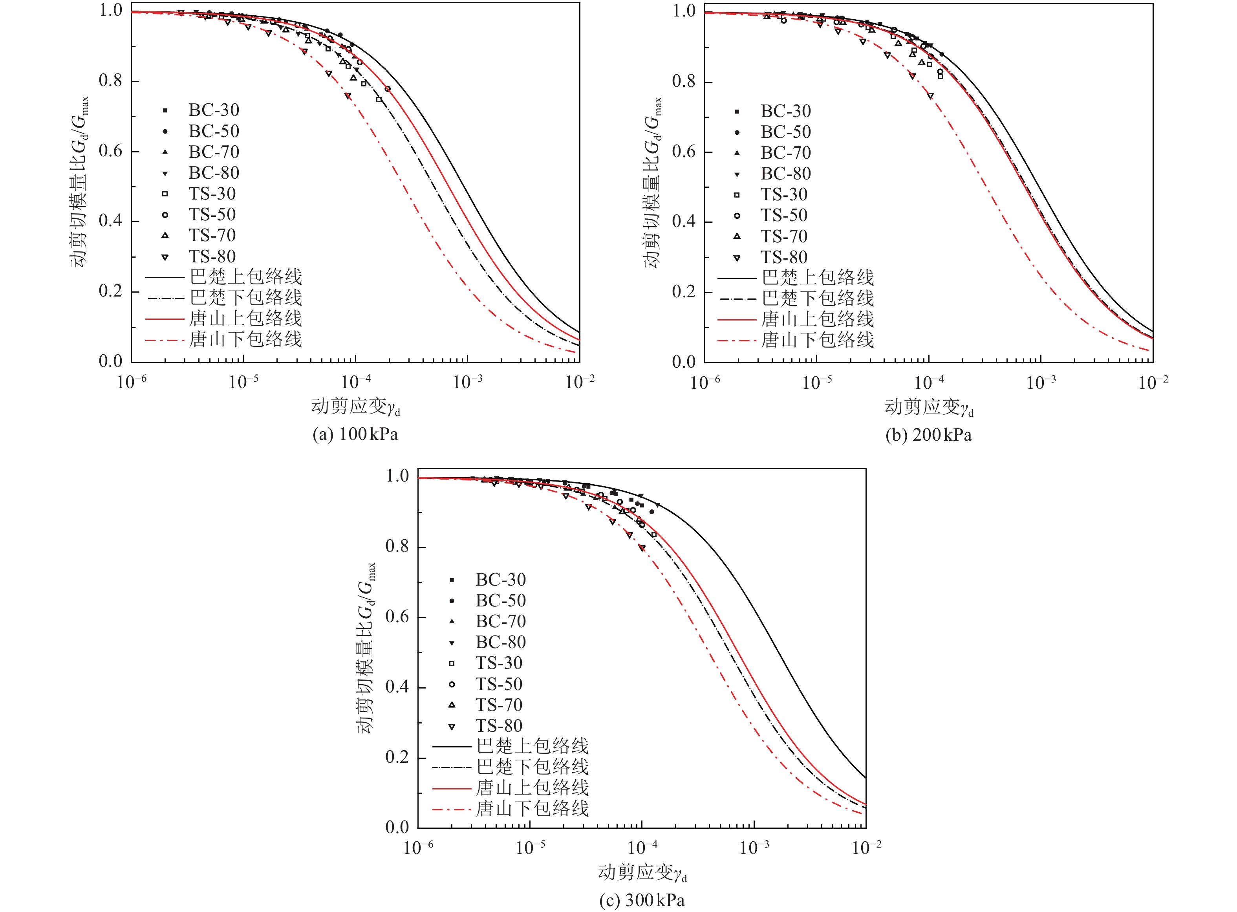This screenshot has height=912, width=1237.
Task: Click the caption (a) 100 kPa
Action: point(355,434)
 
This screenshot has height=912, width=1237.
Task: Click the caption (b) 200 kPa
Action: point(928,435)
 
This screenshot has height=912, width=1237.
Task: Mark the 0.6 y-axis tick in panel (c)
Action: point(397,617)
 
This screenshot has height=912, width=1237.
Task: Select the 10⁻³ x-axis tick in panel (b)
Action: point(1041,383)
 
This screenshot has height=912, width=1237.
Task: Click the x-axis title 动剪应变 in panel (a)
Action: point(355,407)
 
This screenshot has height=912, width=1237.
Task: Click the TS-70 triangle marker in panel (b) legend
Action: point(737,237)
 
